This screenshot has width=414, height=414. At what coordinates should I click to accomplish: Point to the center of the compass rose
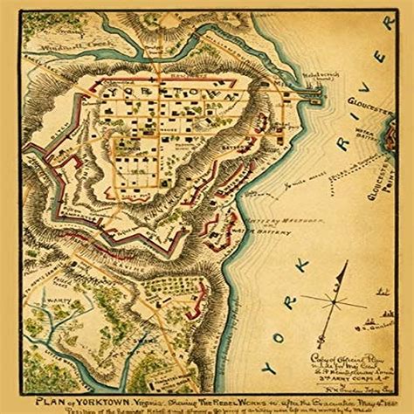pyautogui.click(x=334, y=300)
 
